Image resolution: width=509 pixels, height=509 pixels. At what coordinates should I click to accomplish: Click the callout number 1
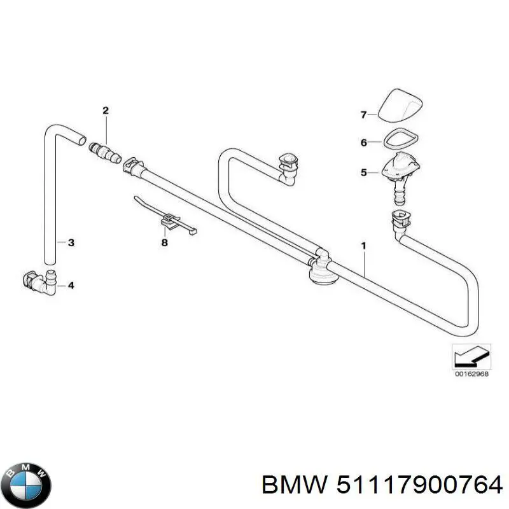(x=363, y=246)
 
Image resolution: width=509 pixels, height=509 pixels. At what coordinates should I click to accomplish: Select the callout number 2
(x=106, y=111)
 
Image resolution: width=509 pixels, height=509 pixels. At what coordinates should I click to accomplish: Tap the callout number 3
(x=71, y=242)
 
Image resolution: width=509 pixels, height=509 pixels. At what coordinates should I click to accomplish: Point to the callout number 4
(x=71, y=285)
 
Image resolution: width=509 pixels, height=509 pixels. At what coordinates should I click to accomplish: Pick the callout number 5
(x=364, y=172)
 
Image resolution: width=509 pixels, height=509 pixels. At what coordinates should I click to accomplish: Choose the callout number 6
(x=364, y=143)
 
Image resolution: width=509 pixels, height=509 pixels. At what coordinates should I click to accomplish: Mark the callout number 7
(x=364, y=115)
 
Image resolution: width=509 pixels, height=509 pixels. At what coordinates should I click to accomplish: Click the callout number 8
(x=165, y=242)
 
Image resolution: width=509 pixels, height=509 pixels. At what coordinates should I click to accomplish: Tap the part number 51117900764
(x=419, y=485)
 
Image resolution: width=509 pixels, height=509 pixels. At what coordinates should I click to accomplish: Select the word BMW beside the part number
(x=295, y=485)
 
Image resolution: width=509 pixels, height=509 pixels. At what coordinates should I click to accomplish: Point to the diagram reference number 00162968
(x=471, y=374)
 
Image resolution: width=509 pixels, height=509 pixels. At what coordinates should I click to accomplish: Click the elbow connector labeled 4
(x=39, y=282)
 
